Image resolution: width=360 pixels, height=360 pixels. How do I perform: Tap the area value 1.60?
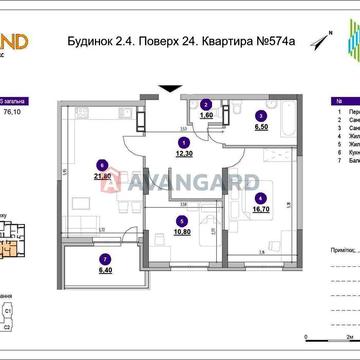pos(206,116)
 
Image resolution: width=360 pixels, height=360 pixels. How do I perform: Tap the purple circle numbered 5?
pos(181,221)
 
